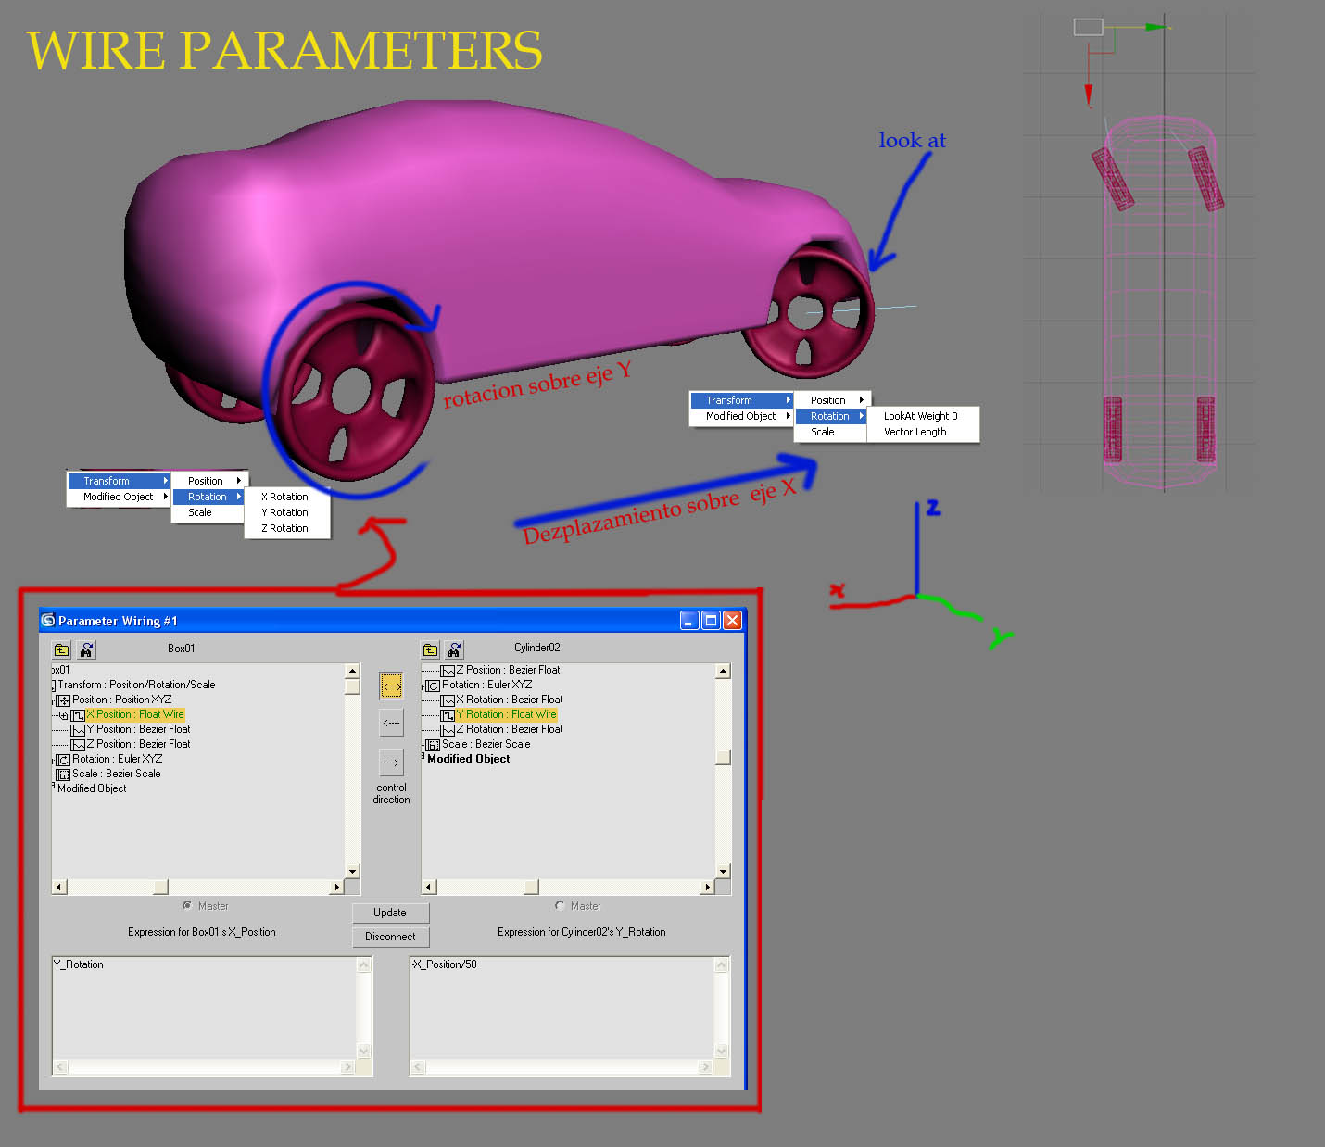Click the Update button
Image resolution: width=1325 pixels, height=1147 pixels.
[x=390, y=913]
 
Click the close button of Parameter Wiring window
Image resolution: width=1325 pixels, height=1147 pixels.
[x=732, y=621]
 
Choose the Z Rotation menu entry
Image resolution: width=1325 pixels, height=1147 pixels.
[x=284, y=528]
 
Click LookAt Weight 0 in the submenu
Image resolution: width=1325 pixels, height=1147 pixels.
[x=920, y=416]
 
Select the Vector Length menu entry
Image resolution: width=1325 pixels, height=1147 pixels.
[x=915, y=432]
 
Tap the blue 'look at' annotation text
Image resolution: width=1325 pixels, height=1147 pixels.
[x=912, y=140]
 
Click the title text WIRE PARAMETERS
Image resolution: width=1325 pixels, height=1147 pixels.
[x=284, y=50]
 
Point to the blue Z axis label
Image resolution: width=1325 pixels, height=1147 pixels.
[x=932, y=508]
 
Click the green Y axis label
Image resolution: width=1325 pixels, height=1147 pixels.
[x=999, y=638]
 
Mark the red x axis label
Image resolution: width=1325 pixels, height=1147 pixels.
[x=838, y=589]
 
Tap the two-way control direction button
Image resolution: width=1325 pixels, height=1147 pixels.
[x=391, y=687]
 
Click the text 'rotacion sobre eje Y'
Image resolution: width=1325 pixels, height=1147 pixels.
[x=537, y=384]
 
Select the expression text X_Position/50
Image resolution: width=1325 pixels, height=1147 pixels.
[x=446, y=964]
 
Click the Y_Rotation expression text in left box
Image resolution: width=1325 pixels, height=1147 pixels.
[x=80, y=964]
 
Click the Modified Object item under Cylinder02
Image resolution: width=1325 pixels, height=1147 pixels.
[x=468, y=759]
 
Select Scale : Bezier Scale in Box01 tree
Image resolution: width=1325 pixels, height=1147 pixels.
[x=116, y=774]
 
